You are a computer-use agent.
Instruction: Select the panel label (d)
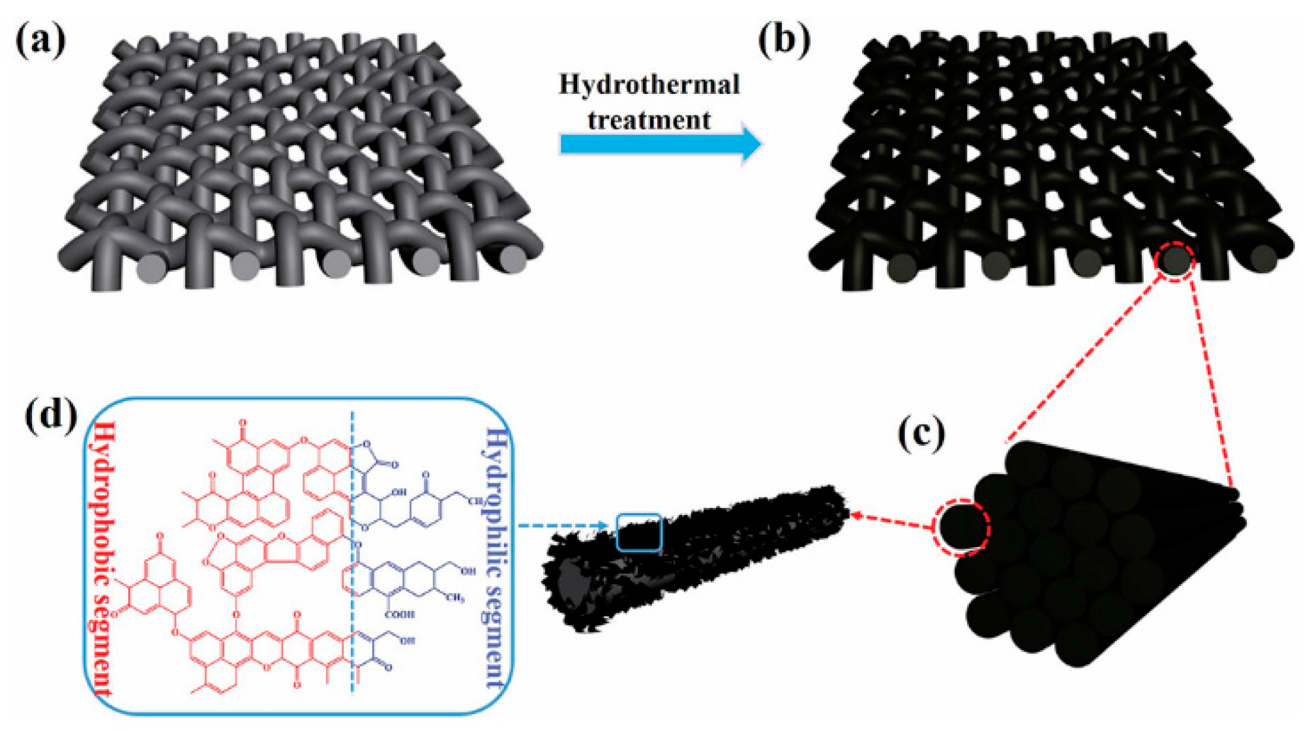(x=51, y=415)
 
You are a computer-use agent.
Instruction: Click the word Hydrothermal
(x=649, y=85)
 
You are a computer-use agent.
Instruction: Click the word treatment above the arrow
(x=649, y=121)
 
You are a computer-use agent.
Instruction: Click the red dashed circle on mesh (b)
(x=1174, y=261)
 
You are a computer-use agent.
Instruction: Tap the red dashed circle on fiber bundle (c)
(x=962, y=527)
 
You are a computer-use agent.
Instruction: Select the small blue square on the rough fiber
(x=639, y=533)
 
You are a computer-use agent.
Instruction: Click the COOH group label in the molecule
(x=400, y=614)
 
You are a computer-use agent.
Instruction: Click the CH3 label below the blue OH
(x=455, y=597)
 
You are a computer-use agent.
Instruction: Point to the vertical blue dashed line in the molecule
(x=353, y=554)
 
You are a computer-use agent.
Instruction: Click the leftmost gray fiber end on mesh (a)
(x=152, y=269)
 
